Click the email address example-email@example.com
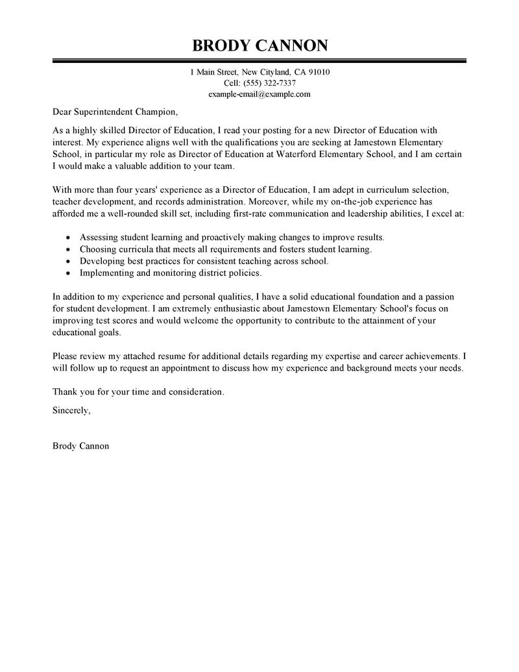click(x=259, y=94)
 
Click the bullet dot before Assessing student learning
click(x=69, y=237)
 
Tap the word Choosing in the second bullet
click(x=99, y=249)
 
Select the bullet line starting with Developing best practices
click(x=204, y=261)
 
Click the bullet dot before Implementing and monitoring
click(x=69, y=273)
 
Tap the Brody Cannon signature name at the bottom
click(x=80, y=446)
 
